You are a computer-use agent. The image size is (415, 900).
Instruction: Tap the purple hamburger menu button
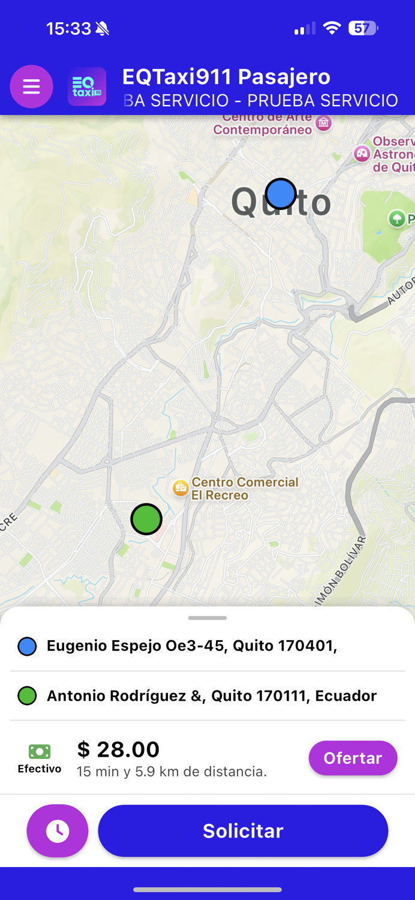31,87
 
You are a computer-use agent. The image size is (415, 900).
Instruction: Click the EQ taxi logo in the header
87,87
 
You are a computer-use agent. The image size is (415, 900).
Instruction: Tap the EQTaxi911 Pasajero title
226,77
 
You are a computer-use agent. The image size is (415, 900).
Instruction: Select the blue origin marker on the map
281,194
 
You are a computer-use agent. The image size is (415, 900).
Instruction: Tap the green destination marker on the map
146,519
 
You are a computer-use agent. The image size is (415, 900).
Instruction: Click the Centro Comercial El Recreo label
245,488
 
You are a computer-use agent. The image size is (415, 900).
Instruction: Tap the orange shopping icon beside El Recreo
181,488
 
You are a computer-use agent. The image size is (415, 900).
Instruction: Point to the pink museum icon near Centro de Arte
324,123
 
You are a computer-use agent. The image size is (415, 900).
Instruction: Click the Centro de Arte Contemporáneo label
263,124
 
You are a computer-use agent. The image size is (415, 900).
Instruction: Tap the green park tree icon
396,218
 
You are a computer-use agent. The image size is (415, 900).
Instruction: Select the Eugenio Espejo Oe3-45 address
192,646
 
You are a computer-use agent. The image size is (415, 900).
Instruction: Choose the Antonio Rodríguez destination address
212,695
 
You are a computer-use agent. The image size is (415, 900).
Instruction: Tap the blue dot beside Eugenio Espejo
27,646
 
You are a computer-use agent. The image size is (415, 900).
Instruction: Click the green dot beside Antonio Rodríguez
27,696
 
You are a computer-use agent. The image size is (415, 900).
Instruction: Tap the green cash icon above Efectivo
40,751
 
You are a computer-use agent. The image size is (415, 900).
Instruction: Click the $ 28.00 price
119,749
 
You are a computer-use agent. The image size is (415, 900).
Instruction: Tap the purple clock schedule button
58,831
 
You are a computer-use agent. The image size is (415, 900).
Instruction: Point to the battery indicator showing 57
362,28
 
